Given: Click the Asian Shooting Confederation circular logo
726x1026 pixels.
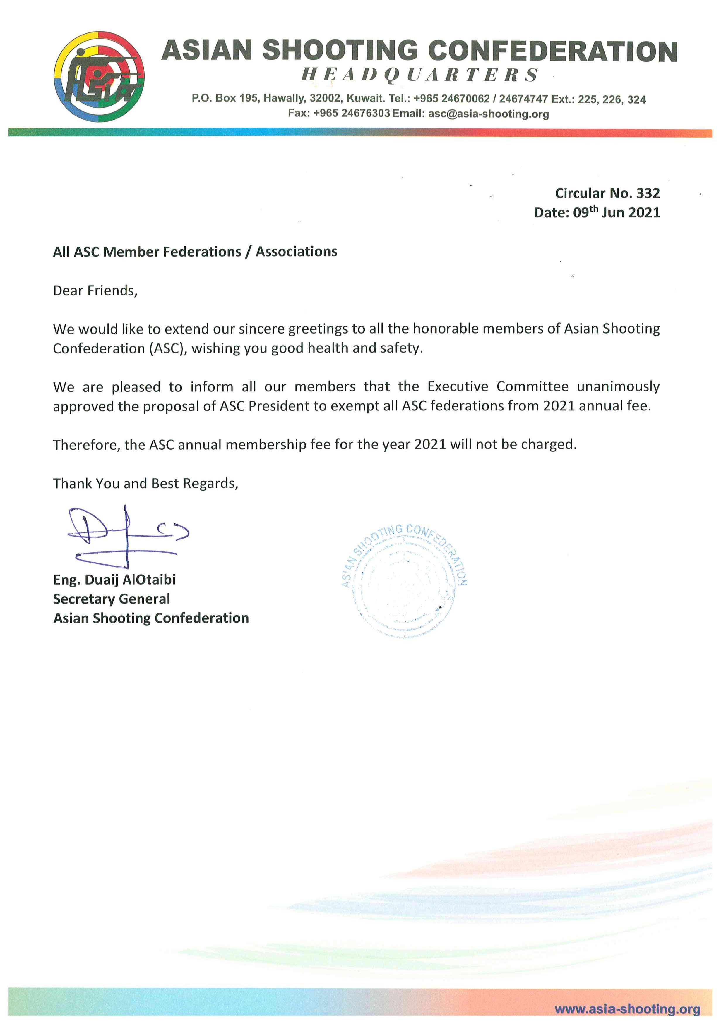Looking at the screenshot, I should (99, 76).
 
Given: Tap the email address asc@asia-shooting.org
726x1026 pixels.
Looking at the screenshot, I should (488, 114).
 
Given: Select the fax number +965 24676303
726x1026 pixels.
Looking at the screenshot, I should (352, 114).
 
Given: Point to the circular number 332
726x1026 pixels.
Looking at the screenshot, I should (648, 193).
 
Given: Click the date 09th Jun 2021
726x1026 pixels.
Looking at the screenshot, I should (616, 212).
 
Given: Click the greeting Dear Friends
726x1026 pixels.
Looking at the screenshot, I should (95, 291).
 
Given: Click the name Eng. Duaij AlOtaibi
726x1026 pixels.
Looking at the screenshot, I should (114, 580).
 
